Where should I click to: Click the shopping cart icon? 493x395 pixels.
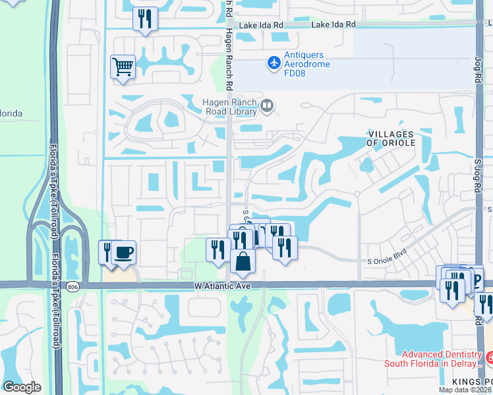123,67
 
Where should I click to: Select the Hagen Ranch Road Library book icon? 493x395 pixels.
267,105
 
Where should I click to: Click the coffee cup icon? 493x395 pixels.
124,251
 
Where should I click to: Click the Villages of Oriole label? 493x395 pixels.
392,138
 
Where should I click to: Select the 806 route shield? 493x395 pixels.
72,286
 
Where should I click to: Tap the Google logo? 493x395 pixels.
21,387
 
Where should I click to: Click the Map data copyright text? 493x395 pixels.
464,390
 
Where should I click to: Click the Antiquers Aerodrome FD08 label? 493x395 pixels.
307,63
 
